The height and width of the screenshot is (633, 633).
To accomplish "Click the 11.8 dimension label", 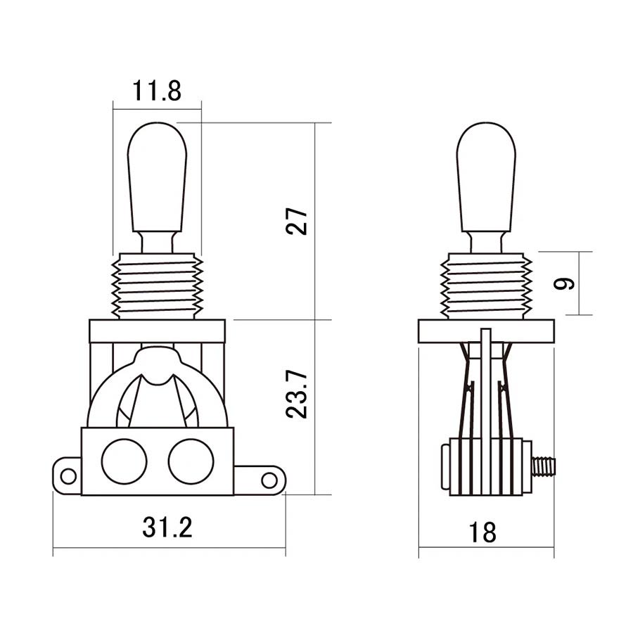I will point(156,91).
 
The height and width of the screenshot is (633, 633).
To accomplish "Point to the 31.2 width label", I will point(167,527).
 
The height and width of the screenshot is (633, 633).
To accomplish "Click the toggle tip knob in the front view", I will point(157,176).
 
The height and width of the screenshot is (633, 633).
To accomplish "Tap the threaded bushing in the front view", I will point(157,286).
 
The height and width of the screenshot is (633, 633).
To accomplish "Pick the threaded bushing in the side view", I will point(486,286).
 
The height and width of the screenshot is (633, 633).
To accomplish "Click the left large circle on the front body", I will point(124,461).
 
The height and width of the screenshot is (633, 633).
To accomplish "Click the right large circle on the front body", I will point(191,461).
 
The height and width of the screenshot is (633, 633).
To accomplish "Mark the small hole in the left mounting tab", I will point(68,476).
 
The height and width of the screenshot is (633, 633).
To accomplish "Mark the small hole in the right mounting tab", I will point(269,480).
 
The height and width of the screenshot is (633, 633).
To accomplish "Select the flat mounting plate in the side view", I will point(486,331).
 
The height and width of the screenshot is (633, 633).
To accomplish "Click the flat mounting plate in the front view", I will point(157,331).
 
